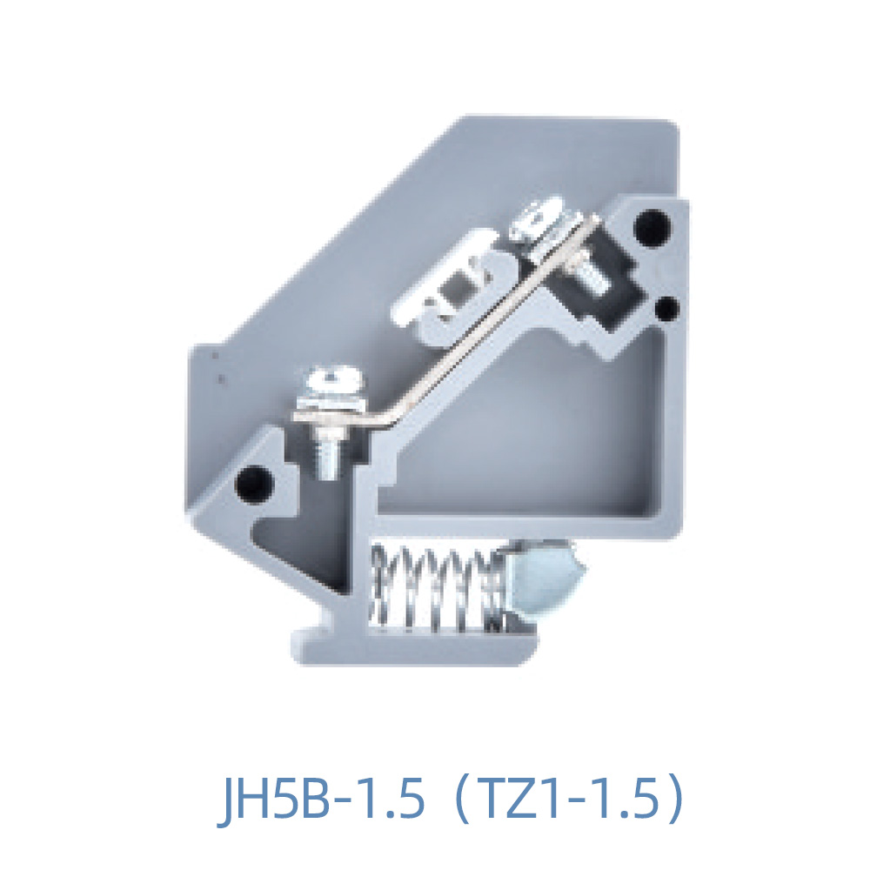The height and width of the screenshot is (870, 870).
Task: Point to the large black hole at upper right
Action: [x=653, y=226]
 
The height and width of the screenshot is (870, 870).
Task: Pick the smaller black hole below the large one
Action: [x=667, y=307]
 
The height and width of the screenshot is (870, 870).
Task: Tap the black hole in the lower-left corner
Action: [x=255, y=479]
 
